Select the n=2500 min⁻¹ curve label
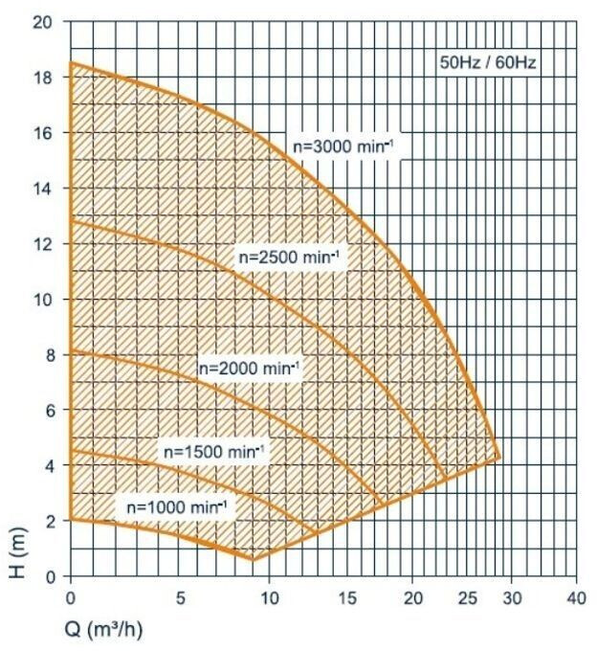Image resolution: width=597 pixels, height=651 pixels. coord(289,257)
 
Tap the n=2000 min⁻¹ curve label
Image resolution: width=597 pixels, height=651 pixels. coord(249,368)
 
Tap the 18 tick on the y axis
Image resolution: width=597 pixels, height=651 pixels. coord(42,78)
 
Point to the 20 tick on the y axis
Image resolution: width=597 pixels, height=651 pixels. coord(42,22)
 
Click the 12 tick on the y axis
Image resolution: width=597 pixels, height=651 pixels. coord(42,244)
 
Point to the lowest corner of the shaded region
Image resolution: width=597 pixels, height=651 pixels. coord(254,559)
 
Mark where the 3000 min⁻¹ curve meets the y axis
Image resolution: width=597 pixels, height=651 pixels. coord(71,63)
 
